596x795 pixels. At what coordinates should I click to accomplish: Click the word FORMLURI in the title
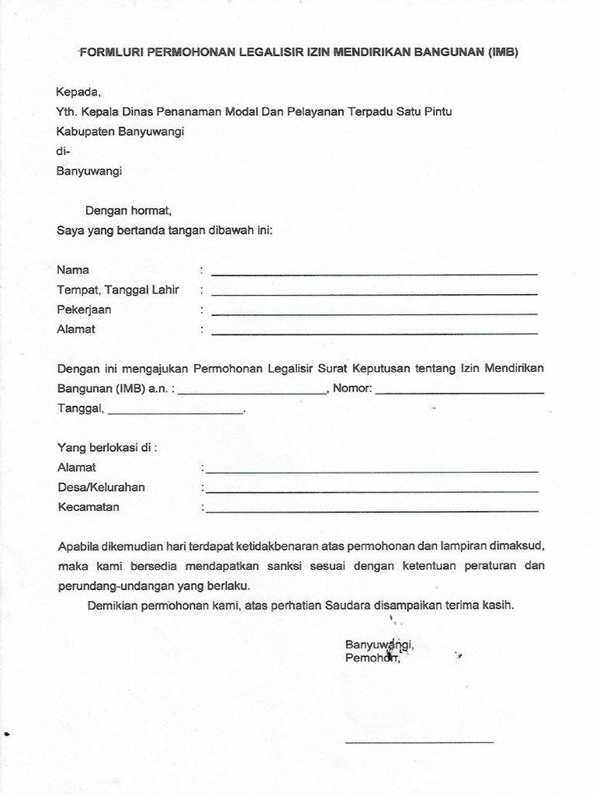pos(109,53)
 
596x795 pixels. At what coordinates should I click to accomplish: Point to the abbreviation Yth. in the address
pos(68,112)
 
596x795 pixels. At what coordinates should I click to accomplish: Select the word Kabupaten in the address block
pos(85,131)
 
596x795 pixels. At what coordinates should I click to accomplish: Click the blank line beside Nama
pos(374,274)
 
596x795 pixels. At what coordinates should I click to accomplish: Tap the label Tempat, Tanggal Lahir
pos(118,290)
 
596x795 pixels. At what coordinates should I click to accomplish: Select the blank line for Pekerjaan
pos(374,314)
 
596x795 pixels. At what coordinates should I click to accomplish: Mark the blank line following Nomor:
pos(459,393)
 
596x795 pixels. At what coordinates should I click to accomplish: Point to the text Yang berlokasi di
pos(107,447)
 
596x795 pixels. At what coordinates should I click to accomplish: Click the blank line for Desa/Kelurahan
pos(372,491)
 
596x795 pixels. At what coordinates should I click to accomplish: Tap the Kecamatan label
pos(88,507)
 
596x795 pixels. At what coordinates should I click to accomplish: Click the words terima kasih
pos(487,605)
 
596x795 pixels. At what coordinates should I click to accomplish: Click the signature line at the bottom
pos(419,742)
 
